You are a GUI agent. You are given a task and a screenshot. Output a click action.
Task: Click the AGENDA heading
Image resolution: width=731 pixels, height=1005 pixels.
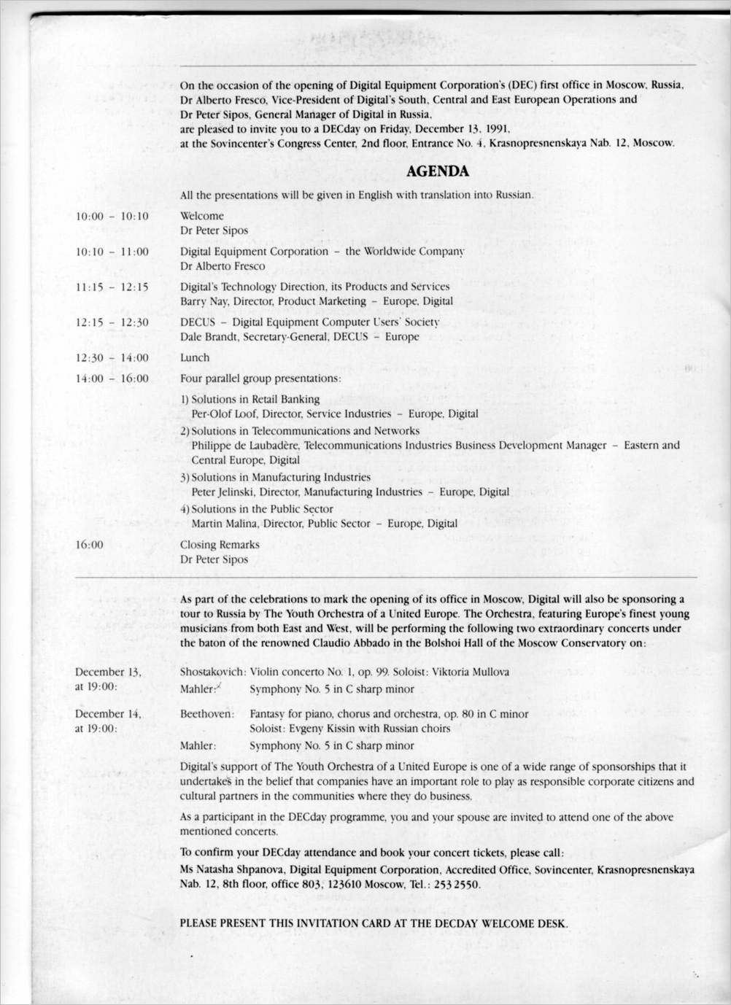click(x=437, y=172)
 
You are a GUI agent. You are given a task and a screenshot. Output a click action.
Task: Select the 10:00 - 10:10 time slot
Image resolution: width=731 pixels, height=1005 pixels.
click(x=112, y=216)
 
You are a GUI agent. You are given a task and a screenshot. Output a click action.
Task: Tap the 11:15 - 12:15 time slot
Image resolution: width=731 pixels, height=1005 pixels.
click(x=112, y=287)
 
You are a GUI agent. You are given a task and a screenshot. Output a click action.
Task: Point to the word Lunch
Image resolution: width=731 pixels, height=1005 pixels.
click(x=195, y=357)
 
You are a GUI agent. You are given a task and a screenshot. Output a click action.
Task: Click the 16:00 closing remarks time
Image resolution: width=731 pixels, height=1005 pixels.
click(x=90, y=545)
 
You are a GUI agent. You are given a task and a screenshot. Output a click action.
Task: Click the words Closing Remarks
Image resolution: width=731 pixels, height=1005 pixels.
click(x=220, y=545)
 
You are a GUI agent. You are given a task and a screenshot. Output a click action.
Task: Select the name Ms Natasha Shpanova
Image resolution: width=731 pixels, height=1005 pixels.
click(x=232, y=870)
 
